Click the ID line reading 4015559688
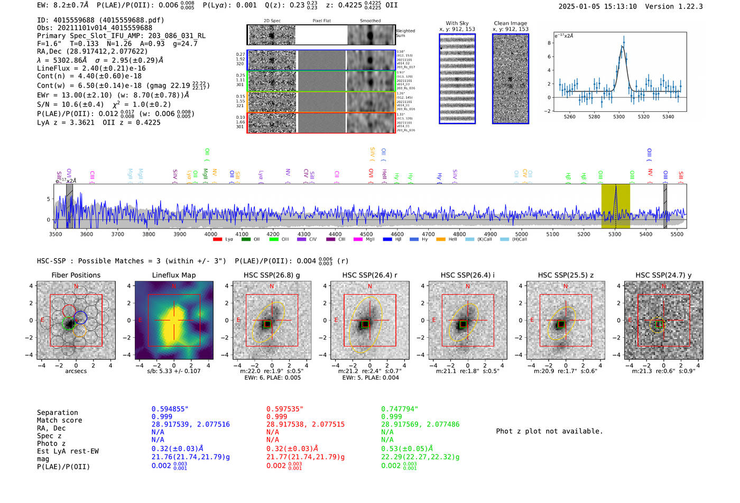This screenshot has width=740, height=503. tap(100, 20)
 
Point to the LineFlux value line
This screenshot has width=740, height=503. tap(91, 68)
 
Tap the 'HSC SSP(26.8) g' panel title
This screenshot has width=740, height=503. tap(272, 275)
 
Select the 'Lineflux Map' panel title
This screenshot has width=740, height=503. tap(174, 275)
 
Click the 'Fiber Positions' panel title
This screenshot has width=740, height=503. tap(76, 275)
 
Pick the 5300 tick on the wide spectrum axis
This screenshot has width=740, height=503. tap(615, 234)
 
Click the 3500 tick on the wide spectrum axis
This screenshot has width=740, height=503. tap(55, 234)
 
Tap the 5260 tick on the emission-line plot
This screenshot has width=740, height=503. tap(570, 117)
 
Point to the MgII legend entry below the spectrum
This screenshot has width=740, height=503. tap(365, 239)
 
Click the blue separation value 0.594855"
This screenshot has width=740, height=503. tap(170, 409)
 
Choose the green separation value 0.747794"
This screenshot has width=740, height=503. tap(400, 409)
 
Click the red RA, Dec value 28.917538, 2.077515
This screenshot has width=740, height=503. tap(306, 424)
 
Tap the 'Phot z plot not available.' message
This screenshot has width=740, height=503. tap(549, 431)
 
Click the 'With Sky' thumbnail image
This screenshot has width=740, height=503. tap(457, 79)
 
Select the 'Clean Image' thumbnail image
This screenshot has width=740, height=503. tap(511, 79)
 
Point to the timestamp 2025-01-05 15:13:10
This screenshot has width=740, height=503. tap(597, 6)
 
